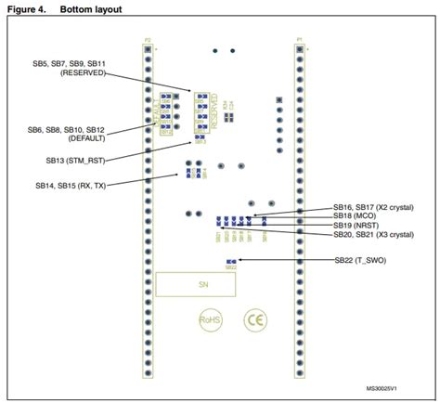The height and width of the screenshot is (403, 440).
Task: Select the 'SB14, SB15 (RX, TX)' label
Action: coord(69,187)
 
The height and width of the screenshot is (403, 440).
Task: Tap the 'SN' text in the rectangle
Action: coord(201,284)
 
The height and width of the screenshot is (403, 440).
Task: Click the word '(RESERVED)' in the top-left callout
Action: coord(85,71)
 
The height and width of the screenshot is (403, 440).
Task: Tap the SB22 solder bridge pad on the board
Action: coord(232,262)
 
